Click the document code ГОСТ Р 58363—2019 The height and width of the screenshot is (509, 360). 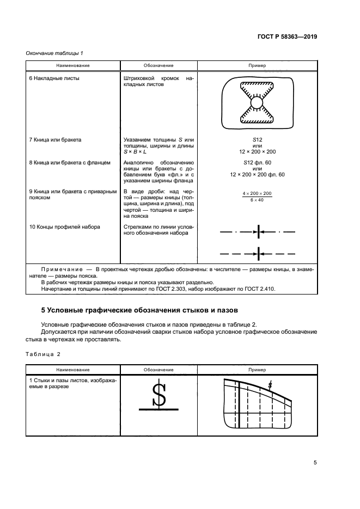coord(287,37)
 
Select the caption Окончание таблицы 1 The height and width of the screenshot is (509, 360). coord(54,53)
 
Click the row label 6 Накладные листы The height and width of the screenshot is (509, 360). coord(54,78)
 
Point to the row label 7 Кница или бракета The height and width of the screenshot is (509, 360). coord(55,140)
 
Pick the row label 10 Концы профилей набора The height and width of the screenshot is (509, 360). coord(64,226)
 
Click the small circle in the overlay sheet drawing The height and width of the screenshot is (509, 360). coord(257,102)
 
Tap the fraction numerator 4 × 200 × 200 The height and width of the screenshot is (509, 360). coord(257,194)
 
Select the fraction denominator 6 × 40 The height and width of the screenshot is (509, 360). coord(257,200)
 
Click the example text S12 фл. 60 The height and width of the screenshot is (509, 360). coord(257,162)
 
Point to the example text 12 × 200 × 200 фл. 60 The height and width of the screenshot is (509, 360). coord(257,174)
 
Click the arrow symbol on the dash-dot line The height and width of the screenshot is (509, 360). coord(258,232)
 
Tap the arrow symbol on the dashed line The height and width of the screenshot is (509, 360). coord(258,253)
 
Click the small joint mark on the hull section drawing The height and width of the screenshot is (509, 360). coord(270,385)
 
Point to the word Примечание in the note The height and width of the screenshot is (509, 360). coord(60,269)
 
